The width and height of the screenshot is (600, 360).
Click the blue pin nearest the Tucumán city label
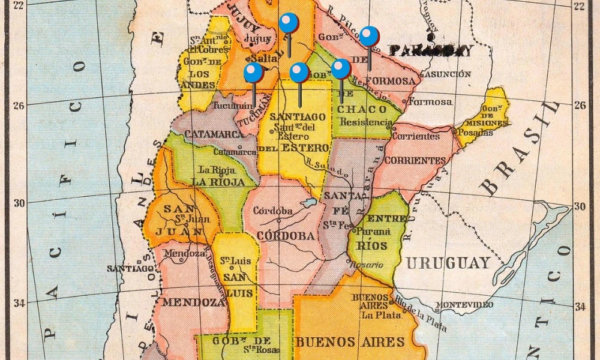click(x=253, y=73)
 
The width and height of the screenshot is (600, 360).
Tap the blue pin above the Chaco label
click(x=341, y=69)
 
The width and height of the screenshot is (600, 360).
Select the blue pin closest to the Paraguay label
click(x=370, y=37)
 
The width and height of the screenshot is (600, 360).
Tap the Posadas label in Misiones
click(x=478, y=133)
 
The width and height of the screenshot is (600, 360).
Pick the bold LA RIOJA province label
click(x=218, y=182)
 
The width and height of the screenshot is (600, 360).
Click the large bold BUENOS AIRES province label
click(x=349, y=342)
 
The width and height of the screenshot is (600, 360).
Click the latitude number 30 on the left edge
click(x=20, y=203)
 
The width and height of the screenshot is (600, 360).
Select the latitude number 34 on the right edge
click(x=580, y=307)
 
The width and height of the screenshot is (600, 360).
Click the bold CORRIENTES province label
click(x=415, y=161)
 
